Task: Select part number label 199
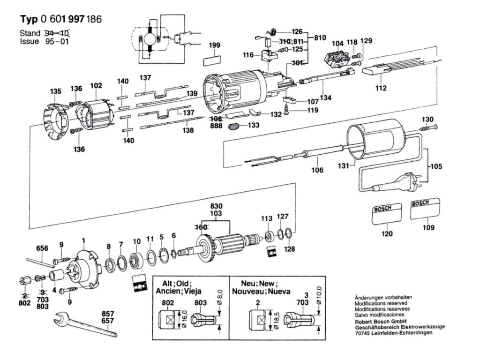coord(214,45)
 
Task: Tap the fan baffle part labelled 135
coord(56,121)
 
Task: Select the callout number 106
coord(317,170)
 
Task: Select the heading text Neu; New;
coord(259,284)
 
